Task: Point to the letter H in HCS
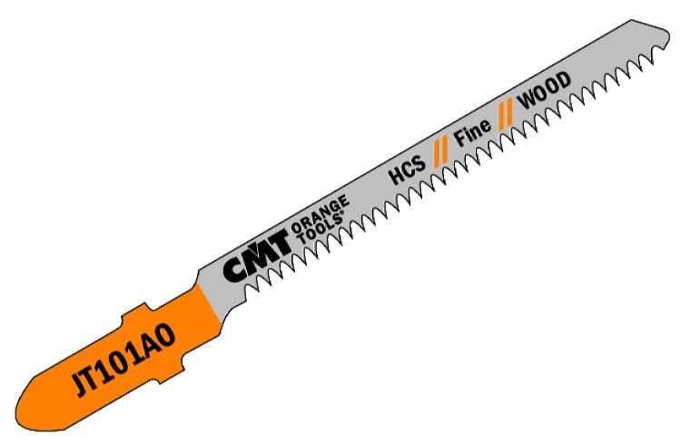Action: click(x=393, y=177)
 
